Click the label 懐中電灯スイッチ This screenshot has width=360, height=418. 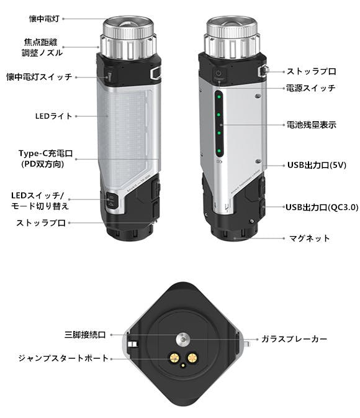click(39, 77)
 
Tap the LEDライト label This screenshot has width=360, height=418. click(54, 116)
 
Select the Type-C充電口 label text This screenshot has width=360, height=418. click(45, 153)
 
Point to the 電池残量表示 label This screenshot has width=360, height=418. click(311, 125)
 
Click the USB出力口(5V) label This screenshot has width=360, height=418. click(317, 165)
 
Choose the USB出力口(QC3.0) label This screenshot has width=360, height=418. click(322, 207)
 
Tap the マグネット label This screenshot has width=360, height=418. click(310, 238)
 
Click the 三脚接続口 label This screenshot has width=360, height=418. click(85, 335)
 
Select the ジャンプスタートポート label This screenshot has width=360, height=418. click(63, 358)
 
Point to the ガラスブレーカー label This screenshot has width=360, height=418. click(294, 339)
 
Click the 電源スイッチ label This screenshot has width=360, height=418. click(311, 88)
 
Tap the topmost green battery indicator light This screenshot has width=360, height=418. click(219, 97)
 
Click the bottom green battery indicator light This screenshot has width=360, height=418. click(219, 151)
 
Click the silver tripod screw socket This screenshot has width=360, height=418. click(183, 339)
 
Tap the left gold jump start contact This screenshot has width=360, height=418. click(174, 358)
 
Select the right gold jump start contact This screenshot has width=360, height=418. click(192, 358)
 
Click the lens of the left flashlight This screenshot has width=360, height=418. click(128, 23)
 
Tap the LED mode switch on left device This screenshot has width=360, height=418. click(111, 201)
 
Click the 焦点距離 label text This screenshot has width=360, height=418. click(41, 42)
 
